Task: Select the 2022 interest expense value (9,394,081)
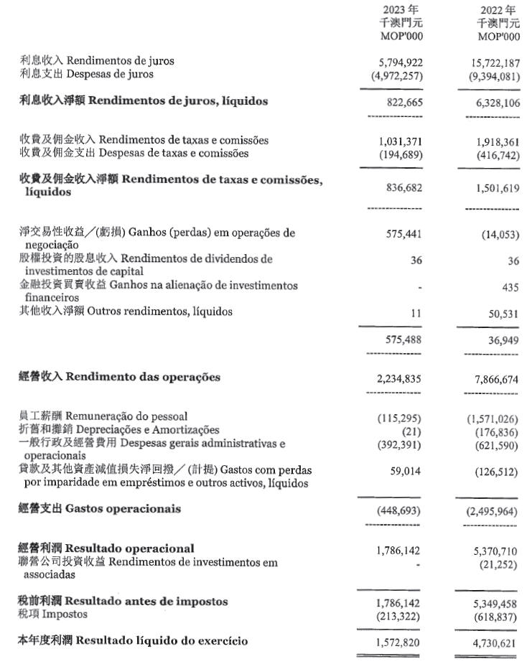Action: click(x=492, y=75)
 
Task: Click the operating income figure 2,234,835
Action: click(x=397, y=379)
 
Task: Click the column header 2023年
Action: click(x=401, y=10)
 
